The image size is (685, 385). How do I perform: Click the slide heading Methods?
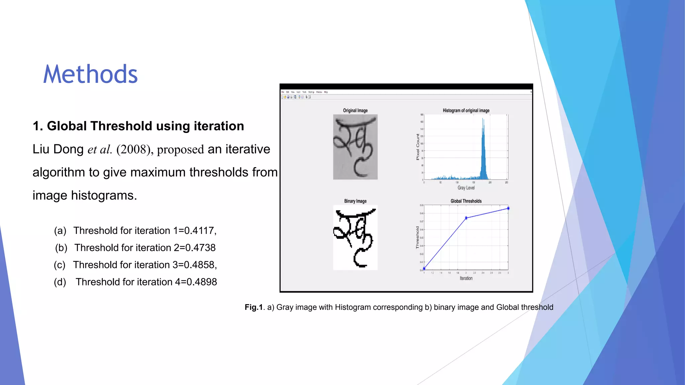[x=90, y=74]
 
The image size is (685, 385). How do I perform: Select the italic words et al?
[x=100, y=149]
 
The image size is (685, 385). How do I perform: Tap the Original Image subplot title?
[x=355, y=110]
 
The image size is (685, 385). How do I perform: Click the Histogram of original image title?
[x=466, y=110]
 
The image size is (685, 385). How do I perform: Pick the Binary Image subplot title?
[x=355, y=201]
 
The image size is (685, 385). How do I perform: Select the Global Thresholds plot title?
[x=466, y=201]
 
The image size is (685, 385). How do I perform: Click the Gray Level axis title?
[x=466, y=188]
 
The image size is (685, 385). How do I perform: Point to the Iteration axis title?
[x=466, y=278]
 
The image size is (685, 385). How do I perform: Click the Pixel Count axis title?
[x=418, y=147]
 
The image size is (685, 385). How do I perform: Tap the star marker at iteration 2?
[x=466, y=218]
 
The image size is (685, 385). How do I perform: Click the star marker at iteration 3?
[x=508, y=208]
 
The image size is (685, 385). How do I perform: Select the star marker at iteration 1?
[x=424, y=268]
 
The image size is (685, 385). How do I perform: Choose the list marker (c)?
[x=60, y=265]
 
